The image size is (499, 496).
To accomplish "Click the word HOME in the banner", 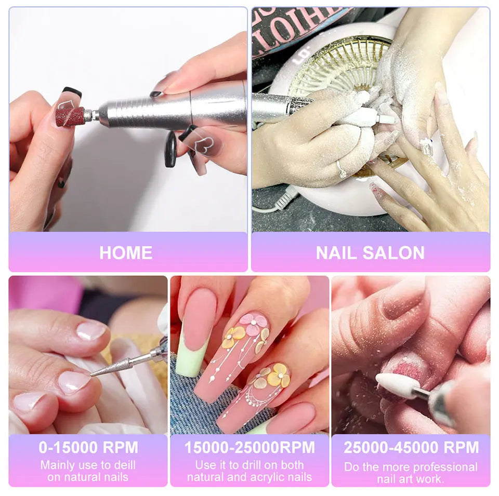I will pos(126,252).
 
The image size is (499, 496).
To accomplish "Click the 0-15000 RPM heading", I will pos(88,447).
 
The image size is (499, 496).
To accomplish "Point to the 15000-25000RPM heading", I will pos(249,447).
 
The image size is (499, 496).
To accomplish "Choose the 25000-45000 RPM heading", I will pos(411,447).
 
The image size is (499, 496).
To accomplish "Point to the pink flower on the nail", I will pos(254,324).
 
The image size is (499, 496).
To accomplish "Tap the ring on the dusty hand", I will pos(342,169).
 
